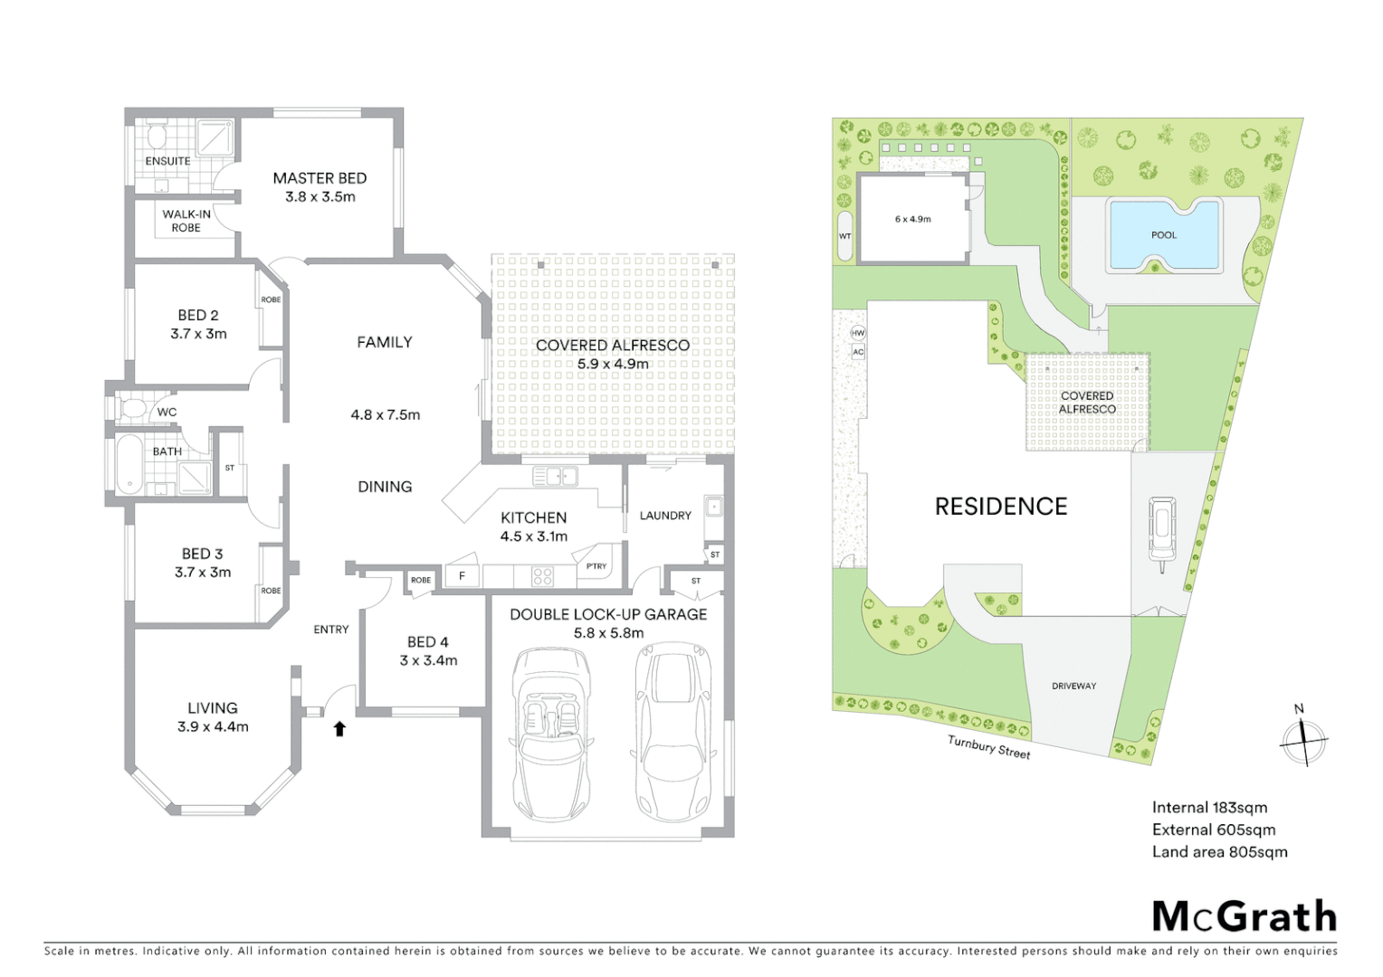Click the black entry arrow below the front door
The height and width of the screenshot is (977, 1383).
click(x=339, y=728)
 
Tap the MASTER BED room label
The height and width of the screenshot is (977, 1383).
click(x=320, y=178)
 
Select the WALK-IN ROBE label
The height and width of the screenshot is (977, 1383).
click(x=186, y=221)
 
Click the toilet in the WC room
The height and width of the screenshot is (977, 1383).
click(x=133, y=409)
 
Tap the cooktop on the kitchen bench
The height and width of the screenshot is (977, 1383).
click(x=542, y=576)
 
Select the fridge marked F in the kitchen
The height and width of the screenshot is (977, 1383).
click(x=462, y=575)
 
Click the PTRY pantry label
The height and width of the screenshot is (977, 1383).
click(x=596, y=566)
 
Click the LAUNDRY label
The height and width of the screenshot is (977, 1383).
click(x=665, y=516)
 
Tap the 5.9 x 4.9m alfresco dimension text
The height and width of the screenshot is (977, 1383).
click(x=613, y=364)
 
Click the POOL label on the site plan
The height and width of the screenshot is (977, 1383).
click(x=1164, y=235)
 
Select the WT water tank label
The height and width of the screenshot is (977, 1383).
click(x=844, y=236)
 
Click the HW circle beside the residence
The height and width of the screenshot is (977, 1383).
click(x=858, y=333)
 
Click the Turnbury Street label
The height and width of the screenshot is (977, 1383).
click(x=988, y=746)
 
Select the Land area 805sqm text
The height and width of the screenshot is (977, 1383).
click(x=1219, y=851)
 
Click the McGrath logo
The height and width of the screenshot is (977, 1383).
click(x=1245, y=916)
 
